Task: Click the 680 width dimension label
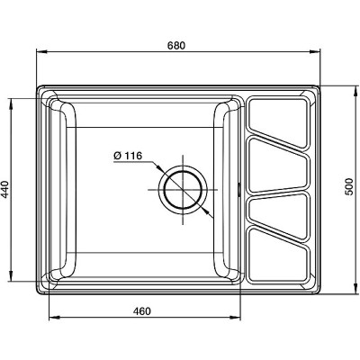[x=176, y=45]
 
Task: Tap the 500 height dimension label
[x=348, y=186]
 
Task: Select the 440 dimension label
[x=5, y=190]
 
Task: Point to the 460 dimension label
[x=142, y=311]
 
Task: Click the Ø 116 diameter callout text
[x=128, y=156]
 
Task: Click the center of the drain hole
[x=183, y=190]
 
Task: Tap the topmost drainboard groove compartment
[x=278, y=121]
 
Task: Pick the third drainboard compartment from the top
[x=278, y=215]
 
